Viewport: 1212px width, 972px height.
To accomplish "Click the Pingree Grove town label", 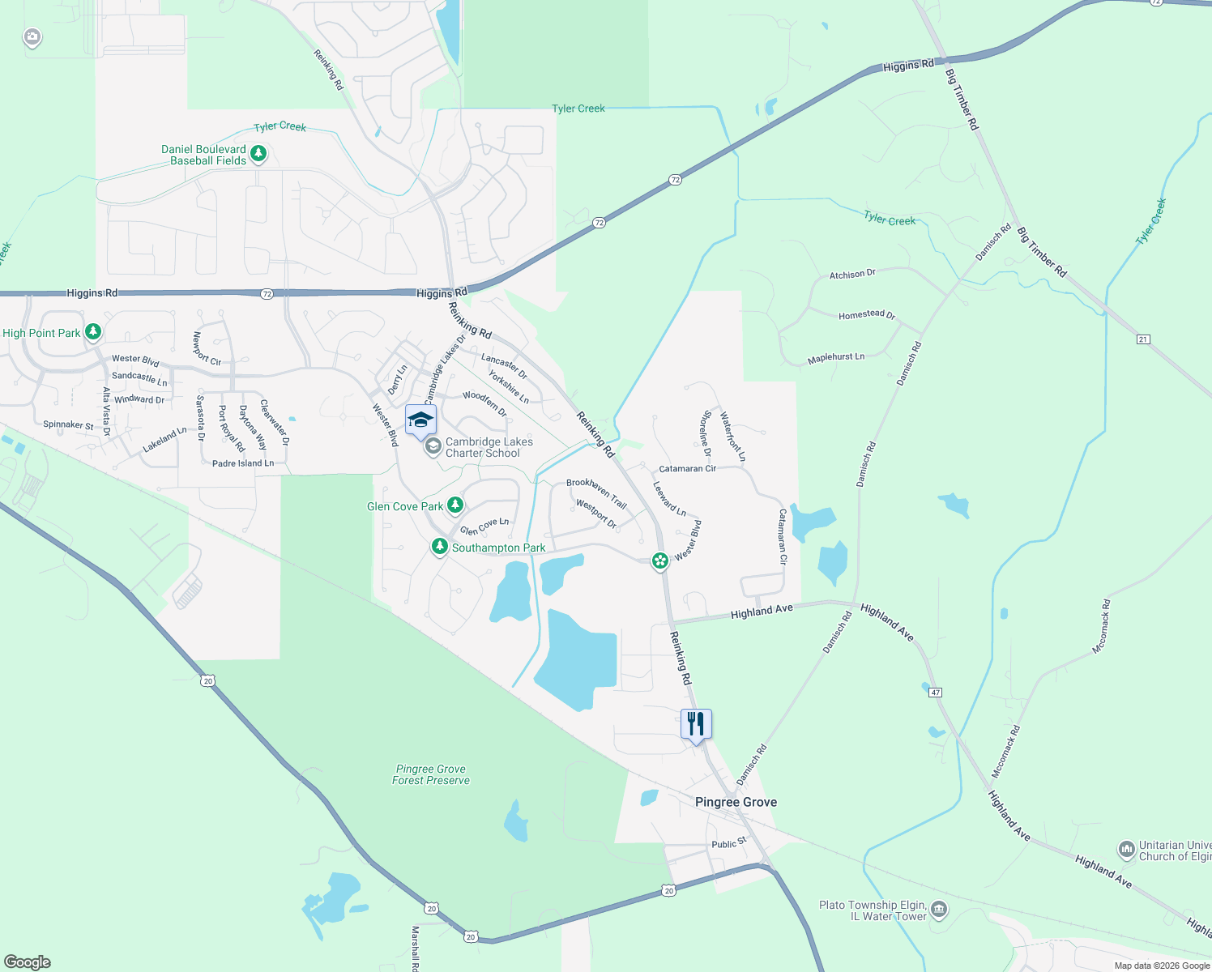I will [736, 802].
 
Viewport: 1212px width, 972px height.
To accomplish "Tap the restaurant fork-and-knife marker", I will [696, 723].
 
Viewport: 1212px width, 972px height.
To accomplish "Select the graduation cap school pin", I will [420, 420].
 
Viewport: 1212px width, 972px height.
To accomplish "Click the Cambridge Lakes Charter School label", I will [489, 447].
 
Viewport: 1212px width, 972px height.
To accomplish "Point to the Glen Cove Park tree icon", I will [455, 505].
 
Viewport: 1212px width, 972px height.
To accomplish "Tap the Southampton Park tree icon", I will [440, 548].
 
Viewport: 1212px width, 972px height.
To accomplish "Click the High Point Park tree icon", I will [93, 332].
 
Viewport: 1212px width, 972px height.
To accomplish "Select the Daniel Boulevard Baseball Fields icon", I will [258, 153].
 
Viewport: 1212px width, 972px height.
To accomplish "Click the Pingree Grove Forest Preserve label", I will [431, 774].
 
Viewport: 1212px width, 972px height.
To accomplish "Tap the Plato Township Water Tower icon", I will [938, 910].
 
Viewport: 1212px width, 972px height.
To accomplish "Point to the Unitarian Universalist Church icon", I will [1126, 850].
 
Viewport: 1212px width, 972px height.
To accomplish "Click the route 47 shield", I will [936, 693].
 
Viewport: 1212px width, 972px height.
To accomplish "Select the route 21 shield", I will [1143, 339].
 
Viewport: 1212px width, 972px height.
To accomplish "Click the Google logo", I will [28, 962].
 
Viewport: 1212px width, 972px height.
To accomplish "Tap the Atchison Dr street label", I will [852, 275].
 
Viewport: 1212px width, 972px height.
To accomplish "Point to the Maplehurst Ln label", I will [836, 358].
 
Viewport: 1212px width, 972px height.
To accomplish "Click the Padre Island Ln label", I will [243, 463].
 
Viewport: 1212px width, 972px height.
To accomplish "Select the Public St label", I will [728, 843].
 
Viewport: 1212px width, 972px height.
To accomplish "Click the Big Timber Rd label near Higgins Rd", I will [962, 99].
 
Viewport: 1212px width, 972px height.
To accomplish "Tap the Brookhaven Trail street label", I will [597, 492].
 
